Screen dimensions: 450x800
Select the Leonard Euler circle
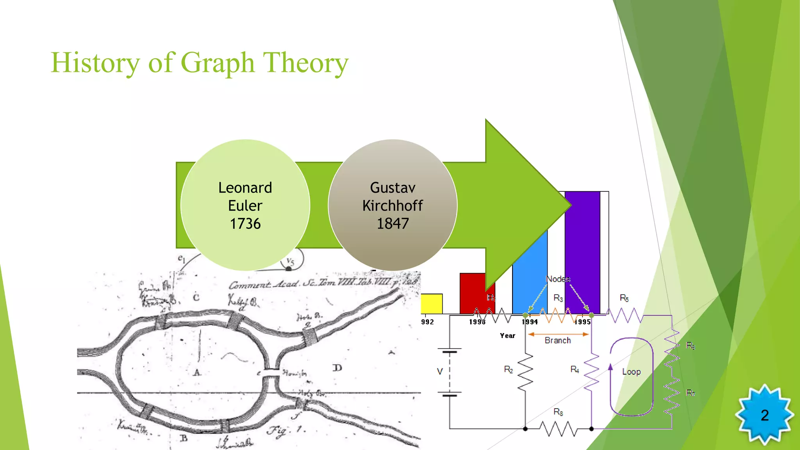245,205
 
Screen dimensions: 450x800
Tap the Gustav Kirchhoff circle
392,205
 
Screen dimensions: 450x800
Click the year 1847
393,224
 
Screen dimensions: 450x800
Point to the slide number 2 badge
764,415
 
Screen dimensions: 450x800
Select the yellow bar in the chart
432,304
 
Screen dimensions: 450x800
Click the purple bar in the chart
582,250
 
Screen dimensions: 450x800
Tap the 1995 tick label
582,322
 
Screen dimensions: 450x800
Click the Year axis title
507,336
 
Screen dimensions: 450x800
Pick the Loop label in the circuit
631,372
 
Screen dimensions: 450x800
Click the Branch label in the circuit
557,341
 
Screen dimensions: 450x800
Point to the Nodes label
558,279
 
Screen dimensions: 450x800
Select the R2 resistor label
508,370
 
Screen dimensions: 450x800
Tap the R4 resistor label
575,370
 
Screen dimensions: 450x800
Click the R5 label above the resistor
624,298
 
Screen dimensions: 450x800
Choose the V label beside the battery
440,371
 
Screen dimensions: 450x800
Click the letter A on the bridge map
197,372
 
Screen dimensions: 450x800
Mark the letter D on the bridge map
337,368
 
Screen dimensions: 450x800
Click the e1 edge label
182,258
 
